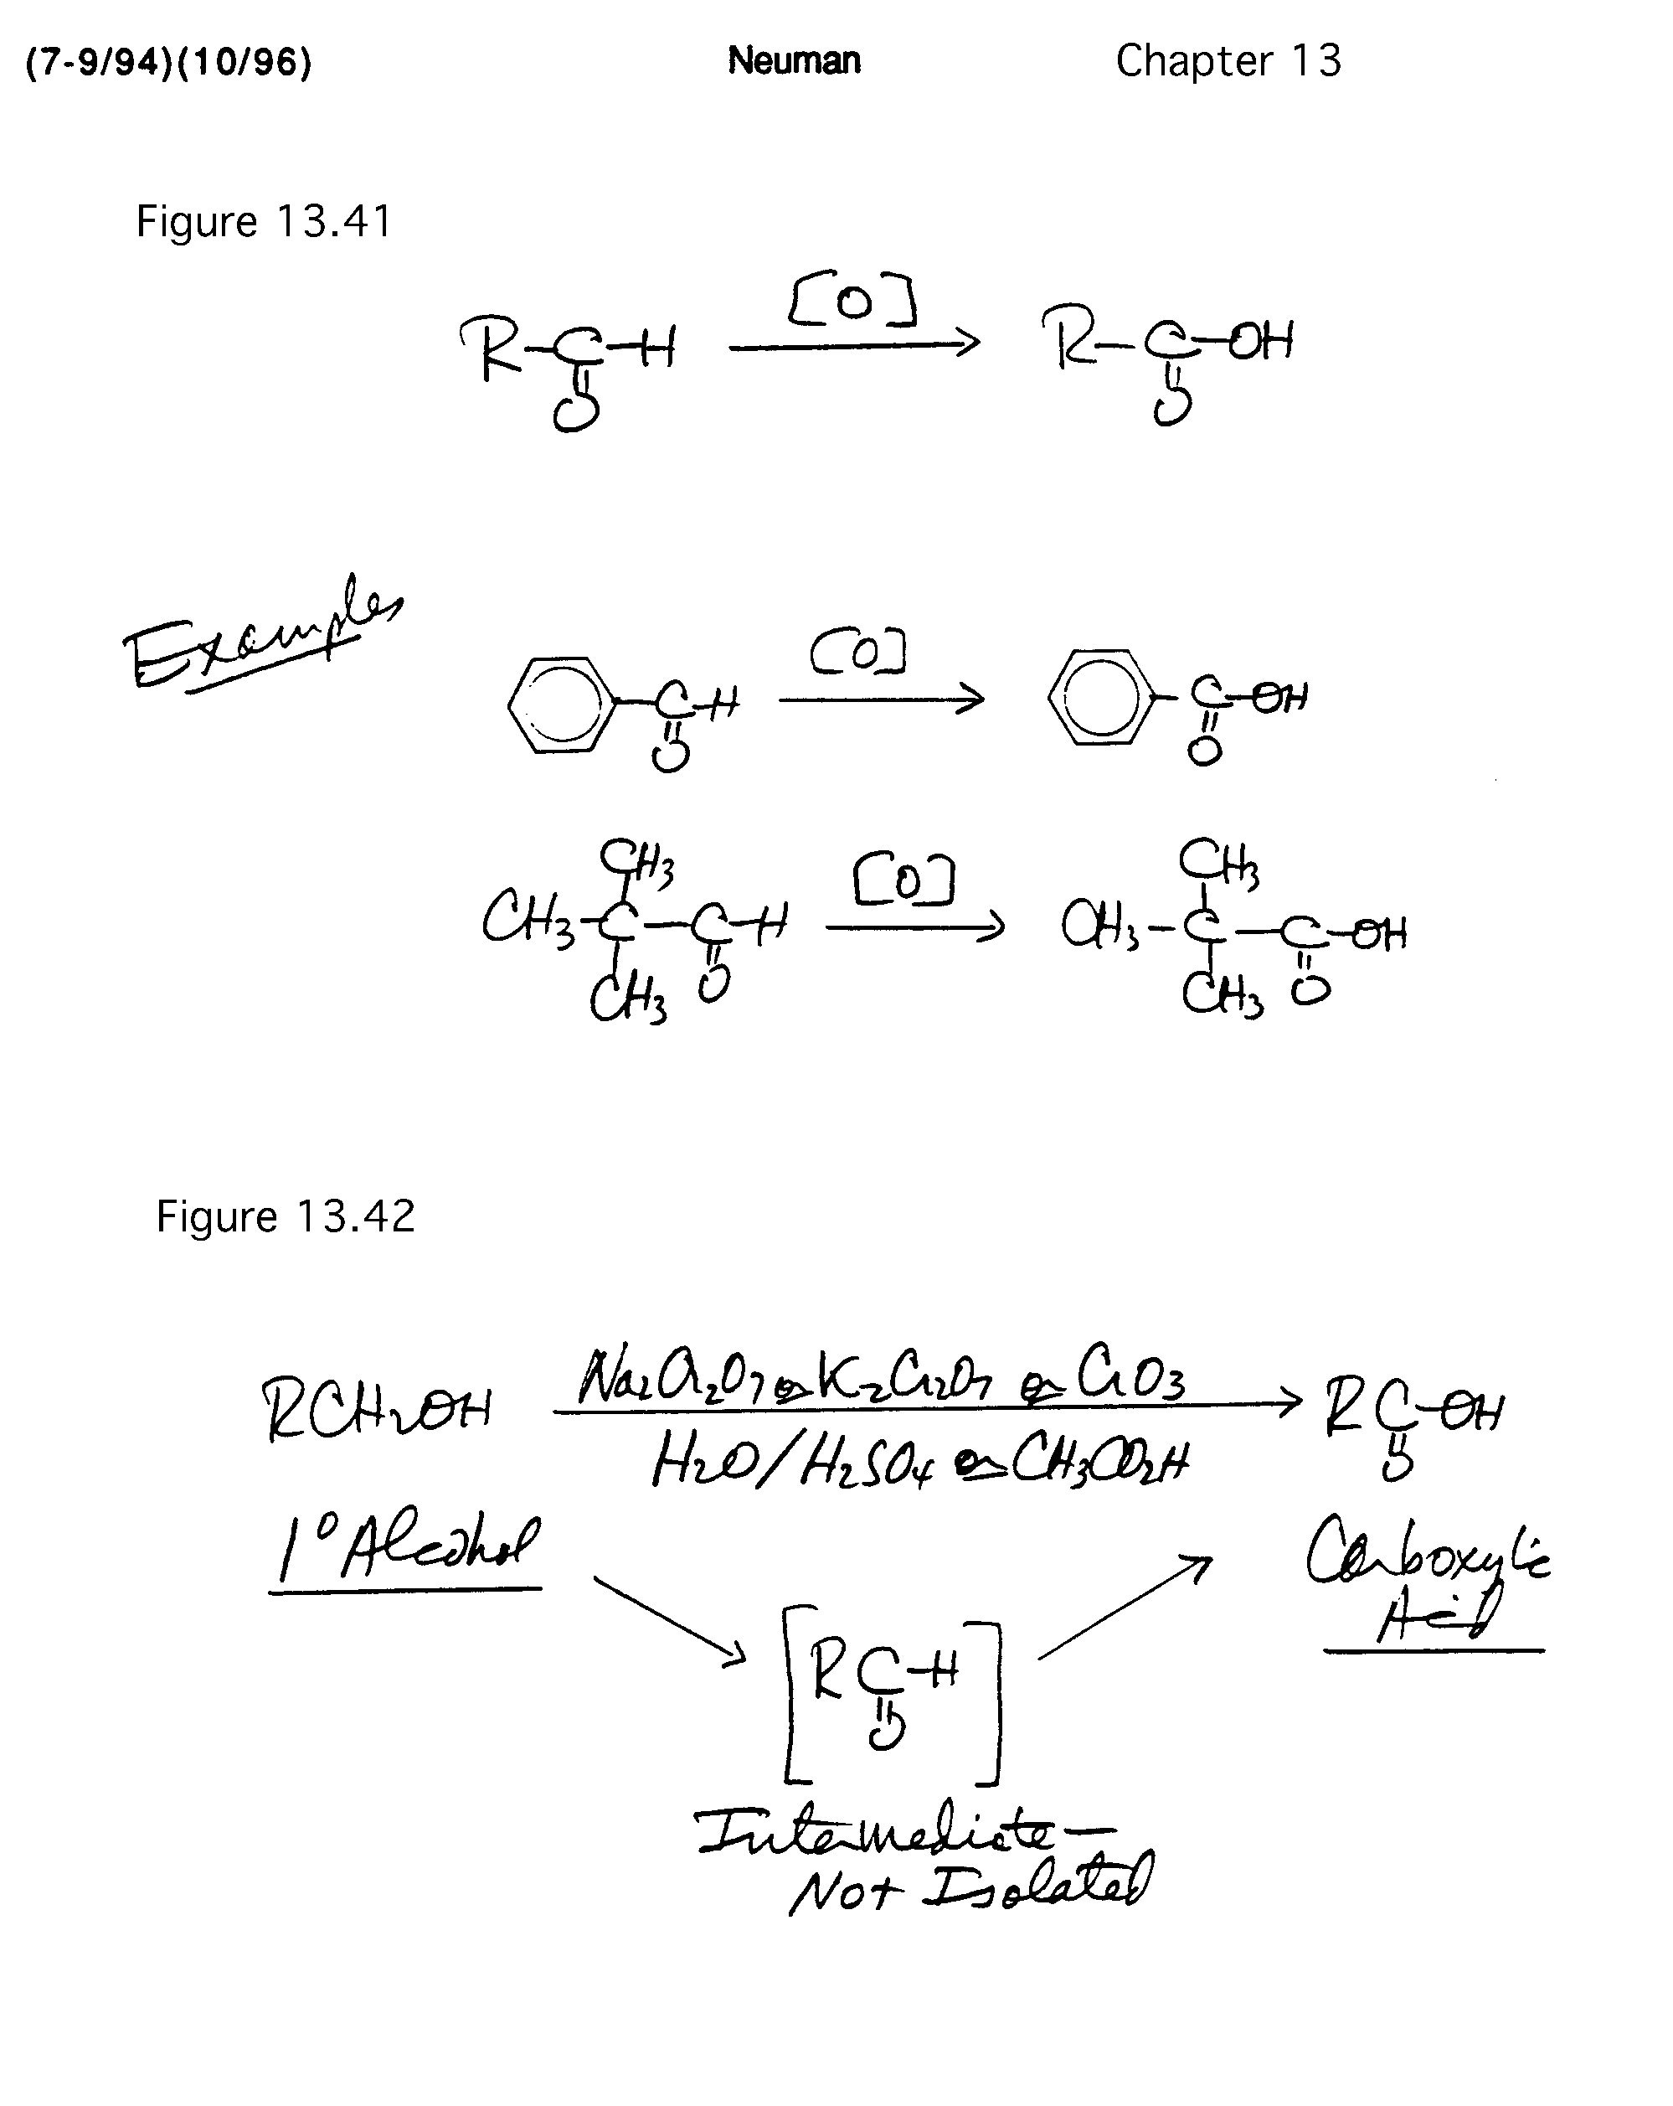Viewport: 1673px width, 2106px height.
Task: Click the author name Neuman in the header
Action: click(x=793, y=60)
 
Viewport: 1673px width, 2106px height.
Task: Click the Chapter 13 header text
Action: click(x=1228, y=60)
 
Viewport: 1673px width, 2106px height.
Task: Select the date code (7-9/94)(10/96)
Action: click(x=168, y=63)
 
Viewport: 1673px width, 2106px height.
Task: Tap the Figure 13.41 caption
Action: click(x=264, y=221)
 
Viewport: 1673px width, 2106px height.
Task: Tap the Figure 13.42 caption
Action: click(x=286, y=1217)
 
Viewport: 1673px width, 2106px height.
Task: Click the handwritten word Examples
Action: click(x=259, y=635)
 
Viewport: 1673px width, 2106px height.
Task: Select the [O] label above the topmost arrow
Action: click(x=852, y=302)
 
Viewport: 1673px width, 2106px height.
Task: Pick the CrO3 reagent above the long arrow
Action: click(x=1131, y=1378)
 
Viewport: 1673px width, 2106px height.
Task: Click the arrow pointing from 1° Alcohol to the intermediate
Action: click(x=670, y=1618)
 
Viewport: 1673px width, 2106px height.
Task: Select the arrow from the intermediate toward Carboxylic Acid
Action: click(x=1124, y=1607)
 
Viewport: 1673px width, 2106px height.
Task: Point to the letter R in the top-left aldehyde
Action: click(x=491, y=348)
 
